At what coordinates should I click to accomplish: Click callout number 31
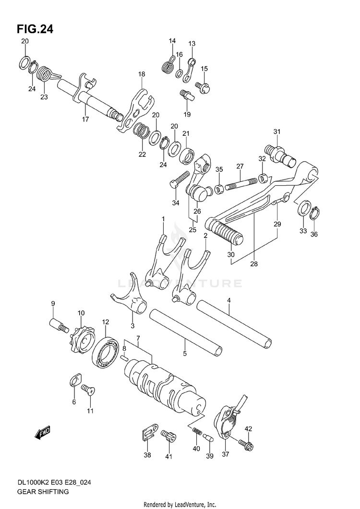(276, 132)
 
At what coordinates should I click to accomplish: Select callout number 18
(142, 74)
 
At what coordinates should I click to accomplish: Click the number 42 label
(248, 428)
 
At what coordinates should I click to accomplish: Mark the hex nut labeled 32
(263, 178)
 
